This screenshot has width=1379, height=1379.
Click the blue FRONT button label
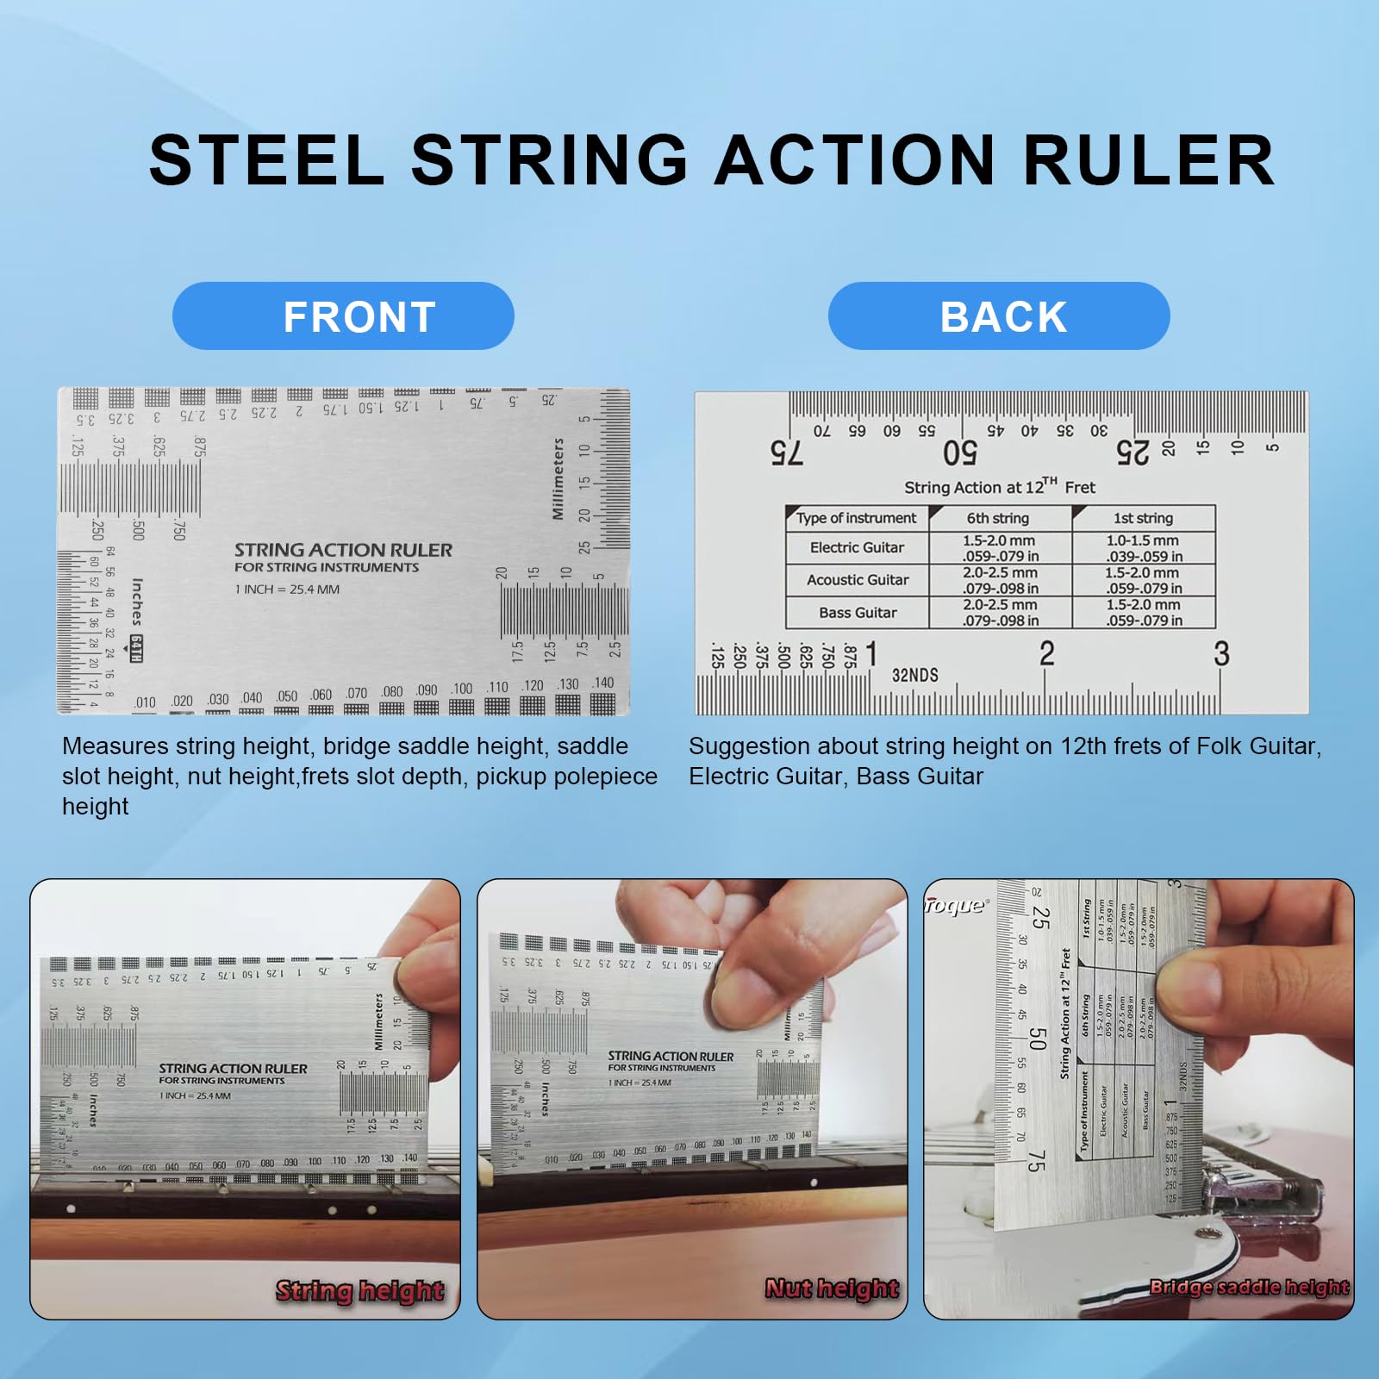pos(359,316)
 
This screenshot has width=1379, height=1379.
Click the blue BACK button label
pos(1002,316)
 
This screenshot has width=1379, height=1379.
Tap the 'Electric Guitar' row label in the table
pos(857,547)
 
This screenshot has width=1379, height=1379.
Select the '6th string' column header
pos(997,518)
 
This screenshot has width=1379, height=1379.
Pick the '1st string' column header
pos(1143,518)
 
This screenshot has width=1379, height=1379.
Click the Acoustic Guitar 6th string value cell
pos(1000,580)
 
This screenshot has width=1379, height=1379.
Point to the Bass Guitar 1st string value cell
pos(1144,612)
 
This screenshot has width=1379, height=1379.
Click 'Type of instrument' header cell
pos(856,518)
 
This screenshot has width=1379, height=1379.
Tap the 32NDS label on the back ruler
pos(914,675)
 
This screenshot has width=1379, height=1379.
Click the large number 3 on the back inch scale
pos(1220,654)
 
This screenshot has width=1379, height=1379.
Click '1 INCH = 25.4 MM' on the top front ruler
pos(287,590)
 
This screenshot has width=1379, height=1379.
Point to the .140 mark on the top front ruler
pos(602,683)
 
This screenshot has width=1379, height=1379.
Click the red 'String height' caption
pos(359,1290)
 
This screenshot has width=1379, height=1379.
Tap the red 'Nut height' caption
pos(832,1289)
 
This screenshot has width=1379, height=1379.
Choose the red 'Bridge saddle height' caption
pos(1249,1287)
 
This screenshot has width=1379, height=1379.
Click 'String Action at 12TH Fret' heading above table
pos(999,487)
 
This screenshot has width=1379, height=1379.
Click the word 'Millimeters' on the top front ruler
pos(558,479)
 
